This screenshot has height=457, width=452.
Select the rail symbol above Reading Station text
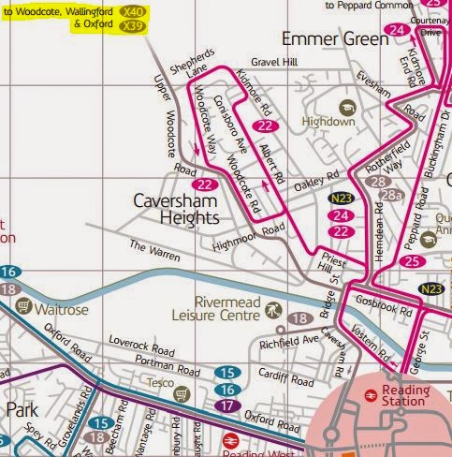(371, 396)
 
